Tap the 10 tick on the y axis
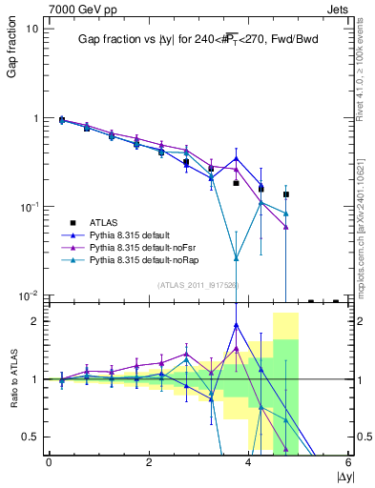point(32,29)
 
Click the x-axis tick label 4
point(249,462)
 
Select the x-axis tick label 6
point(348,462)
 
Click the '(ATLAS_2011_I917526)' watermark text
point(197,284)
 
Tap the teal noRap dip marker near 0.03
point(237,258)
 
